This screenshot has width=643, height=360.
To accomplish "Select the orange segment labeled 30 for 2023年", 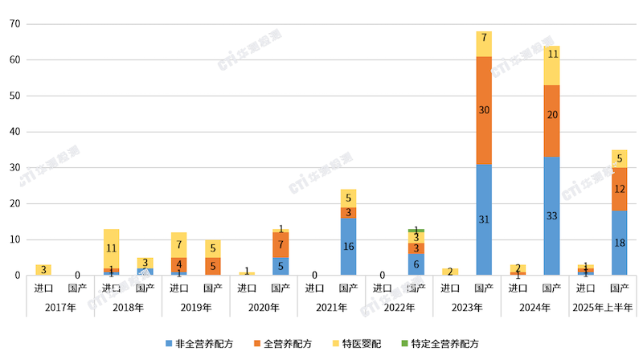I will [484, 110].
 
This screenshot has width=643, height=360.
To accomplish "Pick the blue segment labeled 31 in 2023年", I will [484, 219].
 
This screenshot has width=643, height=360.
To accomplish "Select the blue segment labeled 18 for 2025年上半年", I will [620, 243].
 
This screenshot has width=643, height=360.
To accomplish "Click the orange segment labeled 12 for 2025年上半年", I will [620, 189].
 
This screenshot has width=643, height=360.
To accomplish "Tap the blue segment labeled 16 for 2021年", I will [348, 247].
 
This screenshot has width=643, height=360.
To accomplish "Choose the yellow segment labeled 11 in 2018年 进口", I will [111, 248].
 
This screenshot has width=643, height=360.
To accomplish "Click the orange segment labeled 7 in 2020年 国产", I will [281, 244].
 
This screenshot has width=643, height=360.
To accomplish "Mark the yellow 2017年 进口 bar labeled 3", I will [43, 270].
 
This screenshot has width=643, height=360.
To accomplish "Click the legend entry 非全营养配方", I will [205, 343].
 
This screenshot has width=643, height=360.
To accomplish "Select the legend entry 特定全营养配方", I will [442, 343].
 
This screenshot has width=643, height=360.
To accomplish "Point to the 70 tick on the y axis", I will [15, 24].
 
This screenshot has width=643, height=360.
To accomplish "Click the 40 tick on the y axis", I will [15, 132].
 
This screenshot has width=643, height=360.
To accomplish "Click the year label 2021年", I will [331, 307].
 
